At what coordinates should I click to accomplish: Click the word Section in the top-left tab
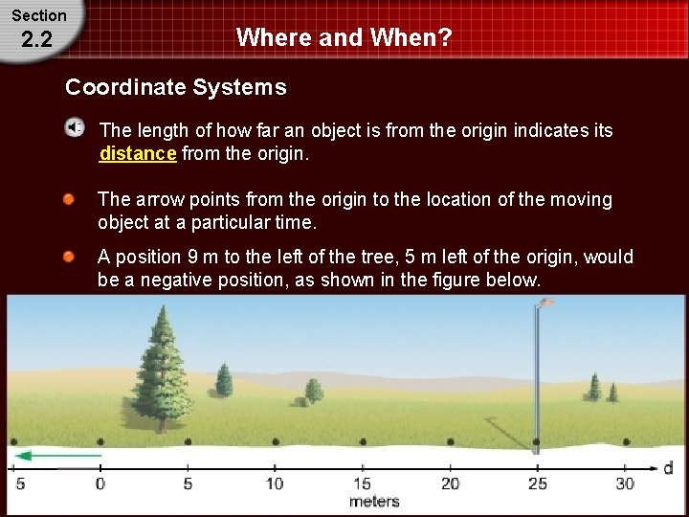[x=39, y=15]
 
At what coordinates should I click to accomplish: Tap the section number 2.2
[x=39, y=41]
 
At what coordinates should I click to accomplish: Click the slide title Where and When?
[x=344, y=37]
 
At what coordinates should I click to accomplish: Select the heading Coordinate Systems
[x=175, y=87]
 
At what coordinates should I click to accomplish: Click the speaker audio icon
[x=75, y=128]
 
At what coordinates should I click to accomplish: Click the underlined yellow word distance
[x=138, y=153]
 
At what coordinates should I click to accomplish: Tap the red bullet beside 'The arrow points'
[x=70, y=199]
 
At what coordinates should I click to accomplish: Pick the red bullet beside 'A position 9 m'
[x=70, y=257]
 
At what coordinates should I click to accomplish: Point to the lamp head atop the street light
[x=545, y=302]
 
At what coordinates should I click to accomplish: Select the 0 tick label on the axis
[x=100, y=483]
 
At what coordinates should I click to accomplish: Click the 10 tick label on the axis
[x=275, y=483]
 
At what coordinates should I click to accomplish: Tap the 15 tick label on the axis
[x=363, y=483]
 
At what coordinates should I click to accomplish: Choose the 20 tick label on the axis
[x=450, y=483]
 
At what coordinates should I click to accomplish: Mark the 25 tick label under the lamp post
[x=538, y=483]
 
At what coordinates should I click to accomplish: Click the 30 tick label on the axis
[x=625, y=483]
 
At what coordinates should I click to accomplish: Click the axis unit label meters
[x=374, y=502]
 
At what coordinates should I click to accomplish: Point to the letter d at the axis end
[x=668, y=467]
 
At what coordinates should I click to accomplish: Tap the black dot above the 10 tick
[x=276, y=442]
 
